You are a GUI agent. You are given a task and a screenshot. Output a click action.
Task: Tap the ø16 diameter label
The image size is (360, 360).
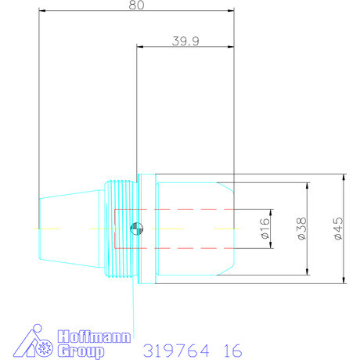click(x=265, y=228)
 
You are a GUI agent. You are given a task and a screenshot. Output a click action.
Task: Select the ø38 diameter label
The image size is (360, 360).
click(x=301, y=228)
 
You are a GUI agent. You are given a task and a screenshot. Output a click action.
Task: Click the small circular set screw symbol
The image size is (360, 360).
click(x=135, y=229)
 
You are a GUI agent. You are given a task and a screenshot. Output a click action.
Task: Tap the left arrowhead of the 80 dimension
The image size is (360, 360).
click(x=40, y=11)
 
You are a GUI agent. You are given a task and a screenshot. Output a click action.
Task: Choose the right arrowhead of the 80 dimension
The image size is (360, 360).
click(x=232, y=11)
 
